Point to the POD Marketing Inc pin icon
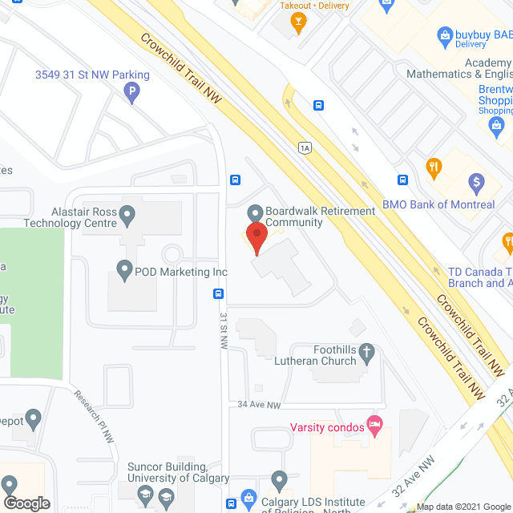[124, 271]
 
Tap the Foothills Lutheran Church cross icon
[366, 351]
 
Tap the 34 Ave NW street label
[259, 406]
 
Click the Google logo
[26, 503]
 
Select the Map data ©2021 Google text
[462, 507]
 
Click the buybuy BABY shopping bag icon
[445, 35]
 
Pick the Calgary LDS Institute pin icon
[278, 480]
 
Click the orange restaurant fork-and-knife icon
[434, 167]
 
